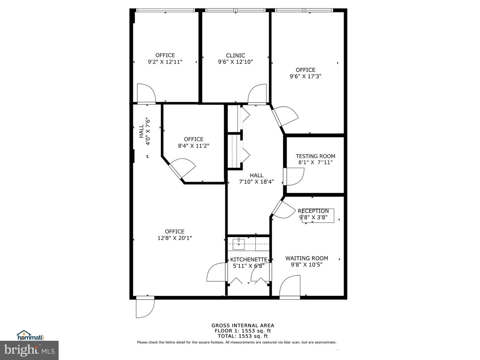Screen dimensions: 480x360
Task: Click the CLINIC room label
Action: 235,56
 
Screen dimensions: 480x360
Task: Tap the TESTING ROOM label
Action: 315,156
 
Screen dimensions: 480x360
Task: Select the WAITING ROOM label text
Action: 307,258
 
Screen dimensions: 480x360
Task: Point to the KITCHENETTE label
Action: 249,259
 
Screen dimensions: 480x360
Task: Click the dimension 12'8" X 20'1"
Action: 175,238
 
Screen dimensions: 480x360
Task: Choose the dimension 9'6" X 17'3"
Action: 305,76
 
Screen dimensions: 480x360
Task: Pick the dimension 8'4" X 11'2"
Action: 194,146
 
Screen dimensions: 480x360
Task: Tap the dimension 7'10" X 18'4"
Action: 257,182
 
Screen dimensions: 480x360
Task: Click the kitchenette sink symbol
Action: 239,244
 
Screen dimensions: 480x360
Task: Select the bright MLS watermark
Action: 29,350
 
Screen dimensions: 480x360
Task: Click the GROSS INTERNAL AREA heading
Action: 243,325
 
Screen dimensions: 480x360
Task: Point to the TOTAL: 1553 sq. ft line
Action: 243,336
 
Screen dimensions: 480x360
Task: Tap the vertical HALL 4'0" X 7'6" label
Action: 145,132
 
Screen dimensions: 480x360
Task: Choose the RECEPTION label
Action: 313,211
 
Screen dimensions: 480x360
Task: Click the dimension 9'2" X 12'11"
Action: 165,62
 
